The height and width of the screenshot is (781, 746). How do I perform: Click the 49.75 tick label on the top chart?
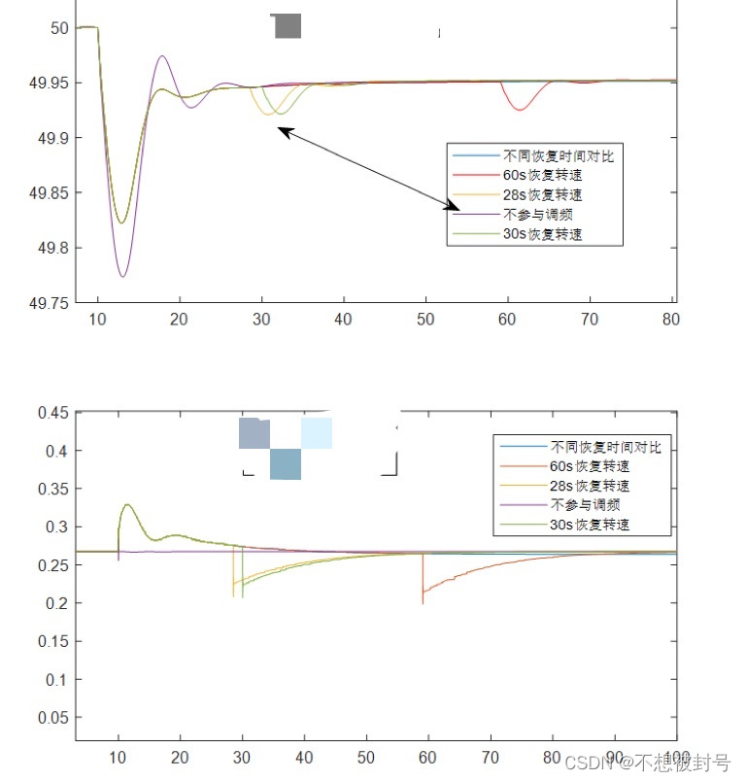coord(49,303)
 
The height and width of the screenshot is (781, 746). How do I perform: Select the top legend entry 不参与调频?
coord(532,215)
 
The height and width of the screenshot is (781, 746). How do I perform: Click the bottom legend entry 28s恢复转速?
coord(590,487)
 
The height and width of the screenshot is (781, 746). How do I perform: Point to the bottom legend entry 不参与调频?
coord(585,505)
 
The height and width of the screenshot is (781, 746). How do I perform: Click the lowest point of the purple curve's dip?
coord(122,277)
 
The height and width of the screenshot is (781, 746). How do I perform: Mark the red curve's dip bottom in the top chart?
coord(520,110)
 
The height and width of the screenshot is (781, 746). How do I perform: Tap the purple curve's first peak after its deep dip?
coord(162,56)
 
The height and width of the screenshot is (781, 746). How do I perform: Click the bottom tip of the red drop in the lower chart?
coord(423,603)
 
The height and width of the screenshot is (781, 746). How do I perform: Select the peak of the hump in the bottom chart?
coord(127,504)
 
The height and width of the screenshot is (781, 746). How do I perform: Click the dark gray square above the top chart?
coord(288,26)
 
